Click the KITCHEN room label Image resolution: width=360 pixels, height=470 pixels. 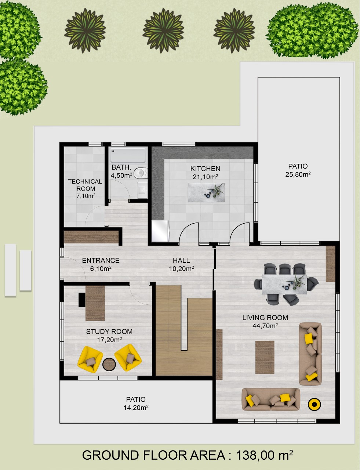(205, 169)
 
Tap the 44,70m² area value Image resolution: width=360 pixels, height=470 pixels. (265, 326)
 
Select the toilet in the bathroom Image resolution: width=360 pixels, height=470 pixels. (141, 173)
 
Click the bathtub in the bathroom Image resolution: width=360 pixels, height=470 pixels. (128, 155)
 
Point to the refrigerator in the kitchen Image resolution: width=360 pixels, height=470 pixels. (160, 231)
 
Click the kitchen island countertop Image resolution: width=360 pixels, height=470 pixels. (206, 192)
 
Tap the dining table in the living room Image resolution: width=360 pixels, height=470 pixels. (284, 284)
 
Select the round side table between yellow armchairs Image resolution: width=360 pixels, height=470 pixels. (109, 365)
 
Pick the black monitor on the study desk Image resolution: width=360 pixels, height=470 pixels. (82, 300)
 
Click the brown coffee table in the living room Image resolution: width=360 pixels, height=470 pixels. (265, 357)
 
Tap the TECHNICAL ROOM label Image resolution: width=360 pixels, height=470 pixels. (85, 185)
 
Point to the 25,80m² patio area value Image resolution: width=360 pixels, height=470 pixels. (298, 174)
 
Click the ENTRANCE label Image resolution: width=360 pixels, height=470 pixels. (101, 260)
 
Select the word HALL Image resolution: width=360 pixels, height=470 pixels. (181, 260)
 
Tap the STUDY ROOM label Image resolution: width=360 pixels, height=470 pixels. (109, 332)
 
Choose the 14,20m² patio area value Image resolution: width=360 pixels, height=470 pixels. (136, 408)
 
